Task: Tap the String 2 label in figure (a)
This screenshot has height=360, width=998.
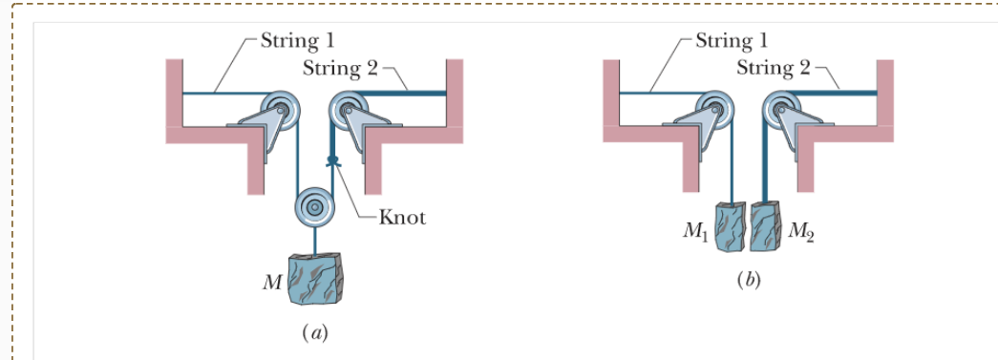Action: [340, 68]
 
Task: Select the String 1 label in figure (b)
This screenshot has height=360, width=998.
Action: [732, 41]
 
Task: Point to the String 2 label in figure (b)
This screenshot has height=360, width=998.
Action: [775, 68]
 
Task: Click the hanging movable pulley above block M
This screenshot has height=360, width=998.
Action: [313, 206]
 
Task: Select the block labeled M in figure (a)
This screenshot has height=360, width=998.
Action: [315, 278]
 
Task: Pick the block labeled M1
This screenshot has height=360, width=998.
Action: [732, 227]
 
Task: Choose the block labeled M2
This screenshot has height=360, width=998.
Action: [766, 227]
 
